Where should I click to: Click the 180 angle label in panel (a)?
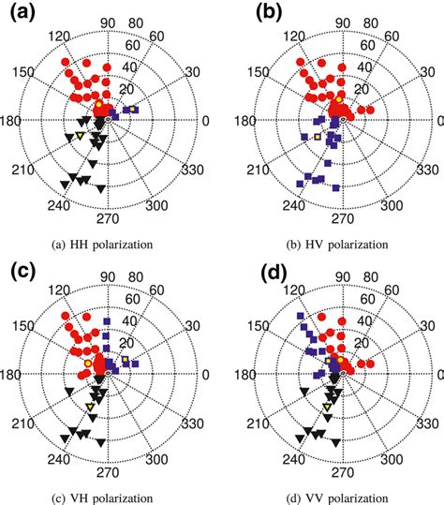tap(17, 122)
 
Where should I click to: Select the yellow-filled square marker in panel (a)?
tap(133, 110)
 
